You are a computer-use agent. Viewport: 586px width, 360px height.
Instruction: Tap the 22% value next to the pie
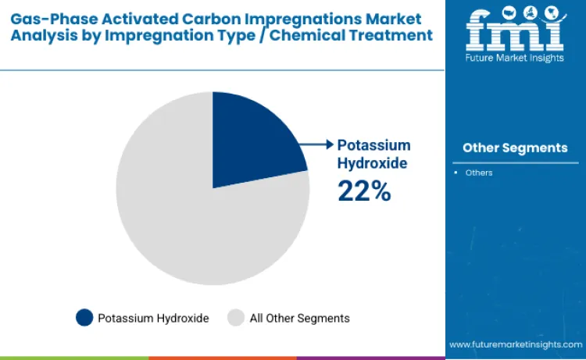pos(363,191)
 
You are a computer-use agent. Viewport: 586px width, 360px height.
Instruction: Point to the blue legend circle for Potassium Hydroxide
pos(84,318)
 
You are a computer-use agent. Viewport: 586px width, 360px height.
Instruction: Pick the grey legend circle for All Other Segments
pos(235,318)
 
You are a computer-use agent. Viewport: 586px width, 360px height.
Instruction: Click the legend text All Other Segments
pos(299,318)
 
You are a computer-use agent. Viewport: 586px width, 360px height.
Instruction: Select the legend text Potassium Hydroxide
pos(153,318)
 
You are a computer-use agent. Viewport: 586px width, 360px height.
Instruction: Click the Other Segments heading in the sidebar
pos(515,148)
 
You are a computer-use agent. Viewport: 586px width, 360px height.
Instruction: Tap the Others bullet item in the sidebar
pos(479,173)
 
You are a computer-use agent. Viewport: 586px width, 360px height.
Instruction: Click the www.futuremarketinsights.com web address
pos(515,344)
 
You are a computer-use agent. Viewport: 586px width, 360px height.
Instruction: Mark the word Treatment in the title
pos(393,35)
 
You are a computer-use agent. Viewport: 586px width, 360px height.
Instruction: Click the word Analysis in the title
pos(44,35)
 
